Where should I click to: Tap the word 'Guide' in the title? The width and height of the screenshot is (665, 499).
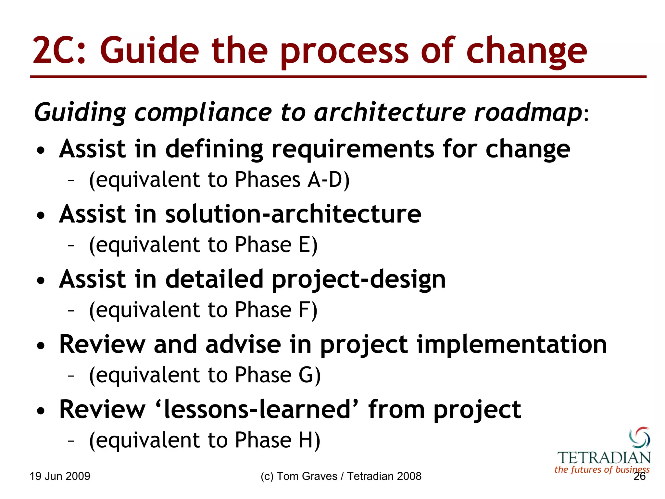pyautogui.click(x=149, y=50)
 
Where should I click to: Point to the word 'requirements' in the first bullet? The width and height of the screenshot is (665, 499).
pyautogui.click(x=353, y=149)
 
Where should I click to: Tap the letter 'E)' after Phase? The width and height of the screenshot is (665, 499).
pyautogui.click(x=308, y=245)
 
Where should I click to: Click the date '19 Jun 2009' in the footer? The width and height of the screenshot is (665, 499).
pyautogui.click(x=60, y=476)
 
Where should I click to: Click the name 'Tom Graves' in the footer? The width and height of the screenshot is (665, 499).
pyautogui.click(x=307, y=476)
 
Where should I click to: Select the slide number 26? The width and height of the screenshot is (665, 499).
pyautogui.click(x=639, y=477)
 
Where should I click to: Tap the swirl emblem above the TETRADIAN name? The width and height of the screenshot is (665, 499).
pyautogui.click(x=639, y=438)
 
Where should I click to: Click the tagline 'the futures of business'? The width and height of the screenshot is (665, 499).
pyautogui.click(x=602, y=469)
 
